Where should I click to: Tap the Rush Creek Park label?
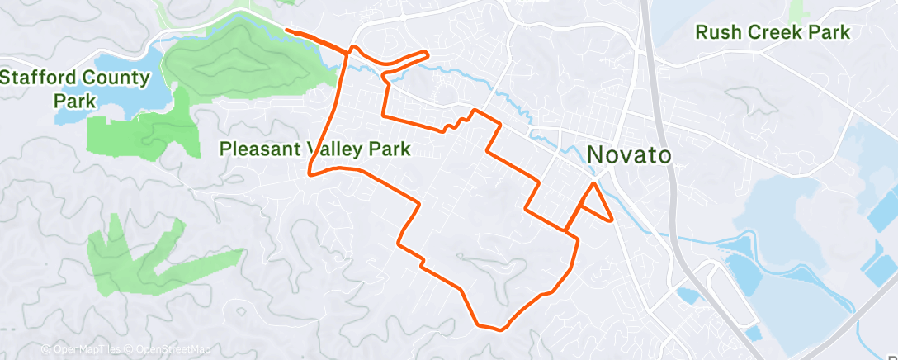(x=773, y=33)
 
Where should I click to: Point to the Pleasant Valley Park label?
(x=315, y=149)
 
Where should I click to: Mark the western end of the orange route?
(x=286, y=31)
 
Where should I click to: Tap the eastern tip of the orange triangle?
(x=612, y=220)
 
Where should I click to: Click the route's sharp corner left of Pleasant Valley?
(x=310, y=173)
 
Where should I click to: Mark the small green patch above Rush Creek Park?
(x=798, y=10)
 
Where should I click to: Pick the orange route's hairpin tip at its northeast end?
(x=427, y=54)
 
